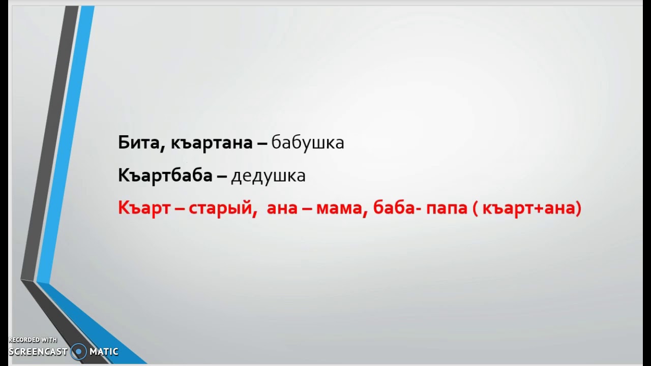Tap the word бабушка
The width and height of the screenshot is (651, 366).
coord(308,143)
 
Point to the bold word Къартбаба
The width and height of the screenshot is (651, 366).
coord(165,176)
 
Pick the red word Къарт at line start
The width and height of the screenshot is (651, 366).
coord(144,208)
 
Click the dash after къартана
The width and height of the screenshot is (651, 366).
coord(262,144)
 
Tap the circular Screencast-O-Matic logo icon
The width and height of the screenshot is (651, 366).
coord(78,351)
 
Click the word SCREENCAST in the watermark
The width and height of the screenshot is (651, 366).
coord(38,352)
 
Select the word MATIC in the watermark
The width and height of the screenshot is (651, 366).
coord(104,352)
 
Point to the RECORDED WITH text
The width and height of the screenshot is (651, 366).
coord(33,340)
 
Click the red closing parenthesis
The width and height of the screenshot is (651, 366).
coord(579,208)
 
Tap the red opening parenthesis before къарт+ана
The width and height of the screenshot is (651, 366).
coord(476,208)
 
